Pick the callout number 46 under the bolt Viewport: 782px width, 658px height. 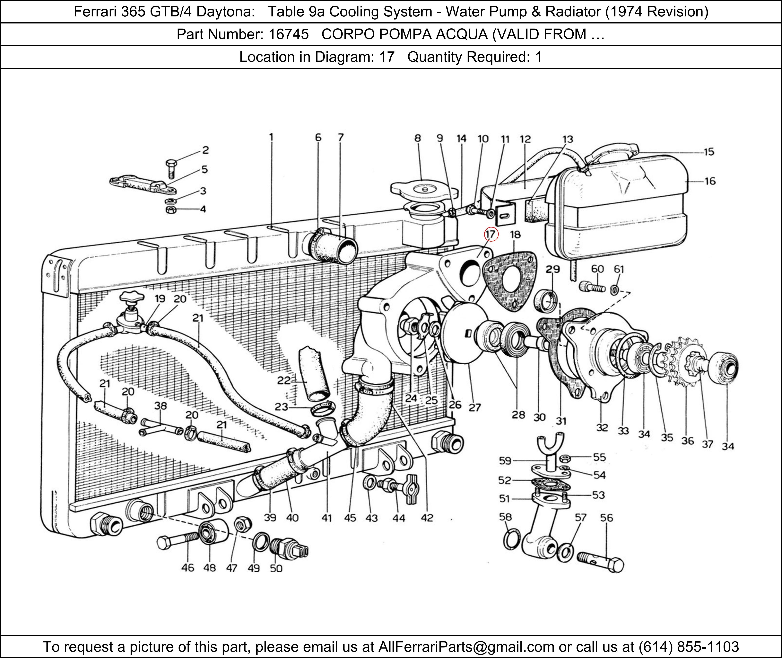(x=187, y=567)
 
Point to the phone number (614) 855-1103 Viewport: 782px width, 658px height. (x=688, y=646)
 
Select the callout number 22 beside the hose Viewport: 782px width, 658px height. (x=284, y=380)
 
